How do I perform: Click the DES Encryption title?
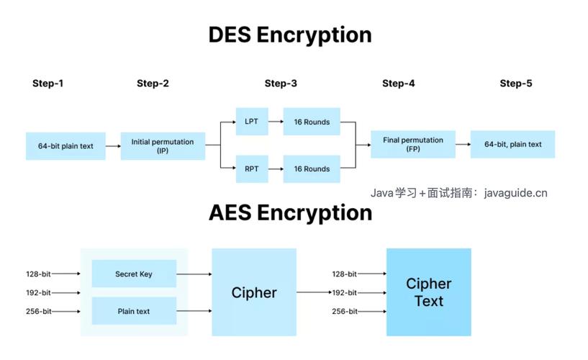pyautogui.click(x=290, y=35)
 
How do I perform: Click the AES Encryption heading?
pyautogui.click(x=290, y=212)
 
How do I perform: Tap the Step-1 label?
pyautogui.click(x=48, y=84)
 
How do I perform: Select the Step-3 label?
pyautogui.click(x=281, y=84)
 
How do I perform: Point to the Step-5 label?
pyautogui.click(x=516, y=84)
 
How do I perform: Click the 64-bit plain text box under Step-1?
pyautogui.click(x=65, y=145)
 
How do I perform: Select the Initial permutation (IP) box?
pyautogui.click(x=162, y=145)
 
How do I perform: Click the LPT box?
pyautogui.click(x=251, y=122)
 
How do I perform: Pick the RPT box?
pyautogui.click(x=251, y=169)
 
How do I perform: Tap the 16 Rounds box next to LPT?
pyautogui.click(x=312, y=122)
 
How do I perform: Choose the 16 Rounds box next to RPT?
pyautogui.click(x=312, y=169)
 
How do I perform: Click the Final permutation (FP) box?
pyautogui.click(x=413, y=144)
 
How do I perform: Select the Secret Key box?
pyautogui.click(x=134, y=274)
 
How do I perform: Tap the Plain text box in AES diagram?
pyautogui.click(x=134, y=311)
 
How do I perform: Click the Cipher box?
pyautogui.click(x=254, y=292)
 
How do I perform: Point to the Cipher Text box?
pyautogui.click(x=428, y=292)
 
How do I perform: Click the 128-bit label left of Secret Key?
pyautogui.click(x=36, y=274)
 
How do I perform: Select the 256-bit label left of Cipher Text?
pyautogui.click(x=344, y=311)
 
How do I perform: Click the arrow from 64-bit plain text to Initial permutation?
pyautogui.click(x=113, y=145)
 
